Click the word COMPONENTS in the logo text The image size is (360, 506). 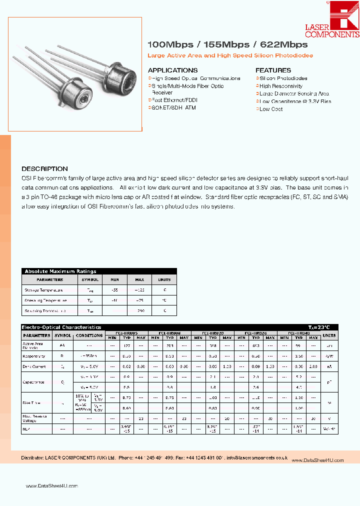pyautogui.click(x=332, y=34)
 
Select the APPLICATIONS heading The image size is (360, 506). pyautogui.click(x=172, y=70)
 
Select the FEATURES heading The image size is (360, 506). pyautogui.click(x=273, y=70)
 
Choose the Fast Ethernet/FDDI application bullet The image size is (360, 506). pyautogui.click(x=174, y=100)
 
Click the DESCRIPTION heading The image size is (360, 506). pyautogui.click(x=44, y=169)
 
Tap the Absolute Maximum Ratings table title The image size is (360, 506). pyautogui.click(x=60, y=271)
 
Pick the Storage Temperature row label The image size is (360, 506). pyautogui.click(x=43, y=290)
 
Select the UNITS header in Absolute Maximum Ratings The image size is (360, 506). pyautogui.click(x=164, y=279)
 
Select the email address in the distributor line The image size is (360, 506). pyautogui.click(x=256, y=457)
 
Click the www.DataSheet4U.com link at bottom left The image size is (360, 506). pyautogui.click(x=52, y=486)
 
